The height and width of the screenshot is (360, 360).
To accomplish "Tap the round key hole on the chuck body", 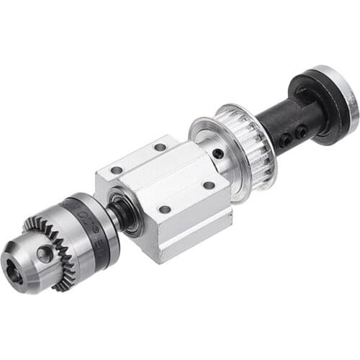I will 45,253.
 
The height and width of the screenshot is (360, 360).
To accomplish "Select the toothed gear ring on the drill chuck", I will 65,245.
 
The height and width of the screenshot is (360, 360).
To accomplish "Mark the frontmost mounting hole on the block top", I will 165,209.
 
